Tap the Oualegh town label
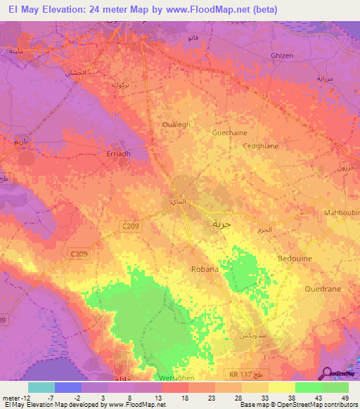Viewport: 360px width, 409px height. tap(176, 125)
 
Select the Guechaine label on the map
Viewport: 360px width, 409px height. tap(229, 132)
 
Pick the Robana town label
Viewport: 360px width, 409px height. tap(205, 269)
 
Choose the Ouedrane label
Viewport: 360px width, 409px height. tap(323, 289)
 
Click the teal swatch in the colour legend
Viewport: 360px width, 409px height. tap(41, 387)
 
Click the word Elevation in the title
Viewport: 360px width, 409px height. tap(64, 10)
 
